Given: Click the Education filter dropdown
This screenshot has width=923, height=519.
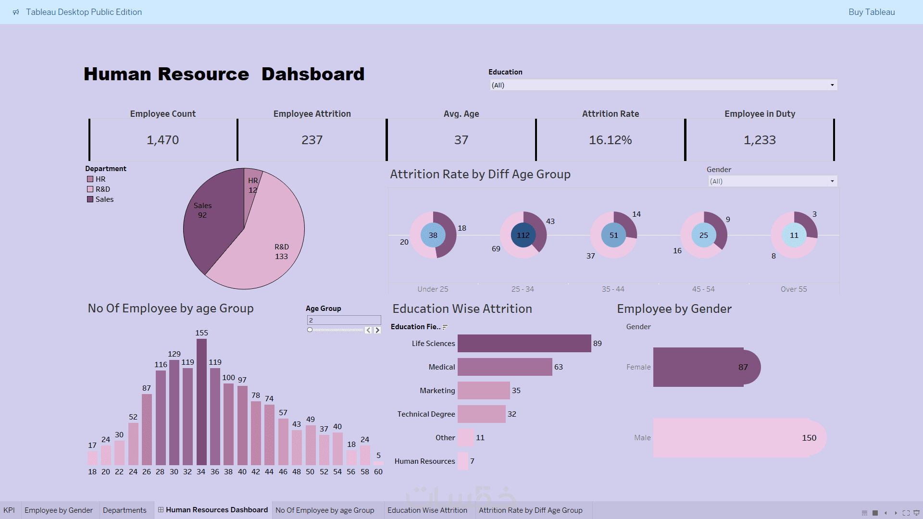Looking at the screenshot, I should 663,85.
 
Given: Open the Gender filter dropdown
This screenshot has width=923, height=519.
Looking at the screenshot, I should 773,181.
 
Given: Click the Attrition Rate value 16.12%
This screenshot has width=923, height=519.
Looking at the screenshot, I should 610,140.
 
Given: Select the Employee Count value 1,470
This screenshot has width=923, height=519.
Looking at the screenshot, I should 162,140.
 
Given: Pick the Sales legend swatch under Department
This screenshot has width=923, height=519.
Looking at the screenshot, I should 90,199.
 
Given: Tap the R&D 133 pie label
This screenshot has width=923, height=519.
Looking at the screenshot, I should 282,252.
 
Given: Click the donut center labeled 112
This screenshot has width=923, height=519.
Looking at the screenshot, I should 523,235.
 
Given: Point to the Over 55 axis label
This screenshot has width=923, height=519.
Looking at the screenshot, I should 794,289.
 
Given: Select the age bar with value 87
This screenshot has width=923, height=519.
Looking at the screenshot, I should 147,429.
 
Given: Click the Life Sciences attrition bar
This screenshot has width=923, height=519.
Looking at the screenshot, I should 524,344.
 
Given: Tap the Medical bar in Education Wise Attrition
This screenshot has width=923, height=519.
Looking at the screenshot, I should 505,367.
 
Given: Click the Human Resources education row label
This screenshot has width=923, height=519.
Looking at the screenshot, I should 424,461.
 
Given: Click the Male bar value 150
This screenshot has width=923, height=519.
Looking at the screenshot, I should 809,438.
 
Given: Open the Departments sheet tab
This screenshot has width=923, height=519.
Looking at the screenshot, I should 125,510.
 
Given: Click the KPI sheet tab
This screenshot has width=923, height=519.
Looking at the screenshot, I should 9,510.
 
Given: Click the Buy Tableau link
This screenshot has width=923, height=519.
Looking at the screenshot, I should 872,12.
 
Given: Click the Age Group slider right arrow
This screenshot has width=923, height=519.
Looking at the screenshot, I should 377,330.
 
